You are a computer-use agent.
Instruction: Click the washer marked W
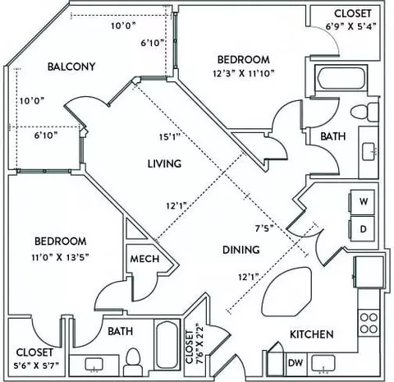click(362, 202)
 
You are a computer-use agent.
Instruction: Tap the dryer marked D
click(362, 229)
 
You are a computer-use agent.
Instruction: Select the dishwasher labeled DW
click(295, 363)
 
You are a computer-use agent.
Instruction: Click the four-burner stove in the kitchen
click(369, 323)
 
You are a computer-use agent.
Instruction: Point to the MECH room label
click(144, 259)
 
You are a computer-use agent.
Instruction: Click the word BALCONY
click(71, 67)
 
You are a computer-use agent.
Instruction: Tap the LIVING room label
click(164, 163)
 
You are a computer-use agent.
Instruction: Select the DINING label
click(241, 250)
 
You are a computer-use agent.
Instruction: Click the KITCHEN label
click(312, 334)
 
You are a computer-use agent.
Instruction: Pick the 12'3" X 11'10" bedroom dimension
click(244, 73)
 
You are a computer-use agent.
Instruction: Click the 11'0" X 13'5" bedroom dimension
click(61, 257)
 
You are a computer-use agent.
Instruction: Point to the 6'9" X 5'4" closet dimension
click(351, 26)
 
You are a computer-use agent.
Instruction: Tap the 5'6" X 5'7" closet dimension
click(36, 366)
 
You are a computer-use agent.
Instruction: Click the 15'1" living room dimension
click(170, 136)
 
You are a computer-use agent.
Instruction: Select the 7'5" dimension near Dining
click(264, 228)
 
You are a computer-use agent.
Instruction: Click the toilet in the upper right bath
click(364, 112)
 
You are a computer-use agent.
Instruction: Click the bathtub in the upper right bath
click(341, 78)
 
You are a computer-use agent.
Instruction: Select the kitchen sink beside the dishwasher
click(323, 363)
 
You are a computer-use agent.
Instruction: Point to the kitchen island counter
click(286, 292)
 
